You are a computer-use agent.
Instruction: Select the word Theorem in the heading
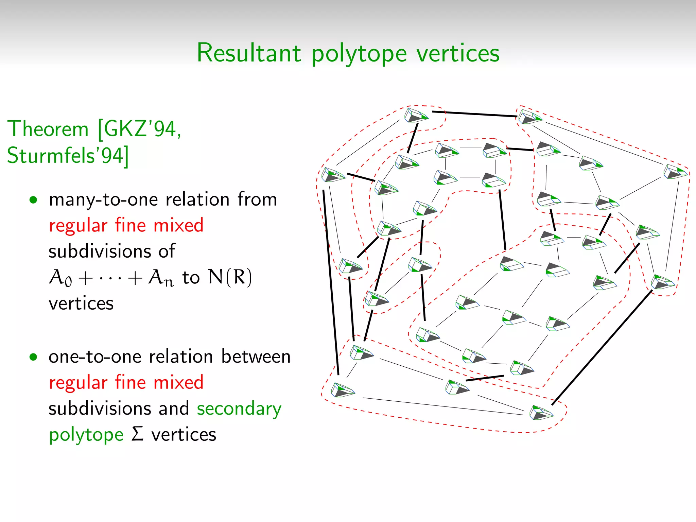tap(48, 129)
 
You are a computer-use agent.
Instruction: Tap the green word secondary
tap(239, 408)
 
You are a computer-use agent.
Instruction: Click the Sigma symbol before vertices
tap(137, 434)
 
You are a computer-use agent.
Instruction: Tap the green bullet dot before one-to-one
tap(33, 357)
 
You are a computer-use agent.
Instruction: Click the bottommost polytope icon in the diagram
tap(541, 413)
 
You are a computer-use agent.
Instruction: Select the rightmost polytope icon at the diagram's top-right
tap(675, 172)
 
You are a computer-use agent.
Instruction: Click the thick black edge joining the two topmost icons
tap(474, 114)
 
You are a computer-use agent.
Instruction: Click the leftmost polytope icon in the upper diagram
tap(333, 175)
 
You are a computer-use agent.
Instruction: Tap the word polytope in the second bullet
tap(86, 435)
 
